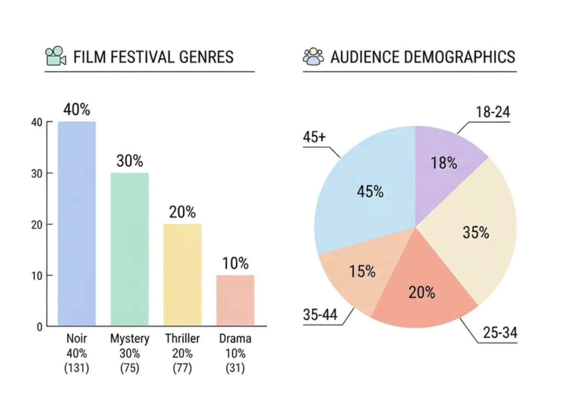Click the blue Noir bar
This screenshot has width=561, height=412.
(77, 224)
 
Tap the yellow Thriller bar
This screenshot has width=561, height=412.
(182, 275)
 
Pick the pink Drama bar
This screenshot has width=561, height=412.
(235, 300)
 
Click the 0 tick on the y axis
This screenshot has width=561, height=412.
(39, 327)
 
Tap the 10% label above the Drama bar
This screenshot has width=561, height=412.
(235, 263)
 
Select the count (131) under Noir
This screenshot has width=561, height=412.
(77, 368)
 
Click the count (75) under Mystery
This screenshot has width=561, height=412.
(130, 368)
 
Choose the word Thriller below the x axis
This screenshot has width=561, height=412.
(182, 339)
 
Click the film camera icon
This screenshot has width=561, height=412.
(56, 57)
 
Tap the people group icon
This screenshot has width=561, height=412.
(313, 57)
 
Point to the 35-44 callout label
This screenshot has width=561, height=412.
(320, 315)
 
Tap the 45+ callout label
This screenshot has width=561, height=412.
(314, 137)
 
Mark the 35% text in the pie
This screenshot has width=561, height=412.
(476, 232)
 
